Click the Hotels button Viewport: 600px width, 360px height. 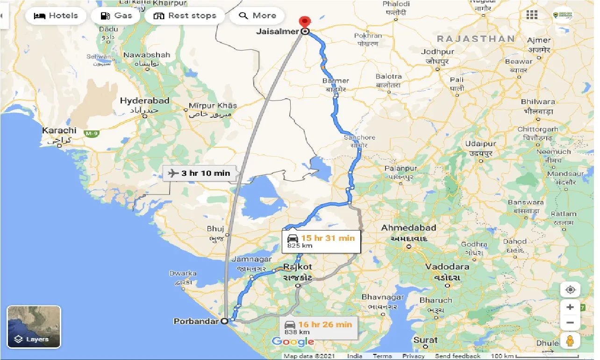[x=56, y=16]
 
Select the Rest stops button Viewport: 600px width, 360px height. [x=185, y=16]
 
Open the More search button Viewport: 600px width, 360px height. [x=257, y=16]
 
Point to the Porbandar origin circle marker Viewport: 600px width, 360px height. [x=224, y=321]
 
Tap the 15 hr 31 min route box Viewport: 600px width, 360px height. [x=321, y=241]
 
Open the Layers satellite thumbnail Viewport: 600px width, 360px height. [x=34, y=327]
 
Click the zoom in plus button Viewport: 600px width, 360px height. [x=570, y=307]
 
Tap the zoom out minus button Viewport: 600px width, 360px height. [x=570, y=323]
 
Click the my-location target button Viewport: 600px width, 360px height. [x=570, y=290]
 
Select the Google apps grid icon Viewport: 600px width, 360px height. [x=532, y=15]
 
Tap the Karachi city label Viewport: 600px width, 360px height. [x=59, y=130]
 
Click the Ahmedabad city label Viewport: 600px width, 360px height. [x=409, y=228]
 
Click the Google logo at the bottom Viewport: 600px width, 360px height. [x=293, y=342]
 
